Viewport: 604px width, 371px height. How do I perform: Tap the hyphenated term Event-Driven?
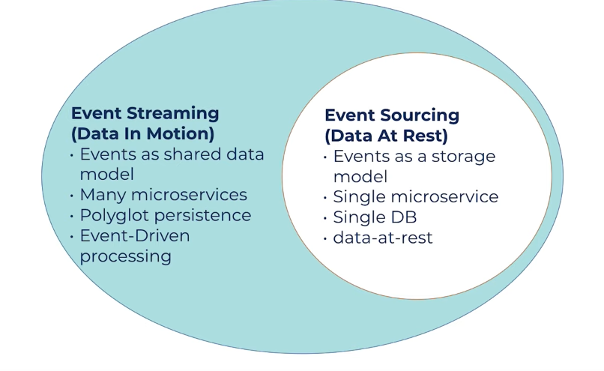[x=135, y=236]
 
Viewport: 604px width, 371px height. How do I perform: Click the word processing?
[x=125, y=256]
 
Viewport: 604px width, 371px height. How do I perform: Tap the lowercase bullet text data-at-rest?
[x=383, y=238]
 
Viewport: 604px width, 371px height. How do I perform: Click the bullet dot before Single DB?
[x=324, y=219]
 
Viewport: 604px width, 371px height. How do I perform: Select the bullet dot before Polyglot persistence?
[x=72, y=216]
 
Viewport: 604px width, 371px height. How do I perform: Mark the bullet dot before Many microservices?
[x=72, y=196]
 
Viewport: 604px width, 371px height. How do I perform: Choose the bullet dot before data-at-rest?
[x=324, y=239]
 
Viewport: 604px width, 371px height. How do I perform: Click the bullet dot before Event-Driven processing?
[x=72, y=236]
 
